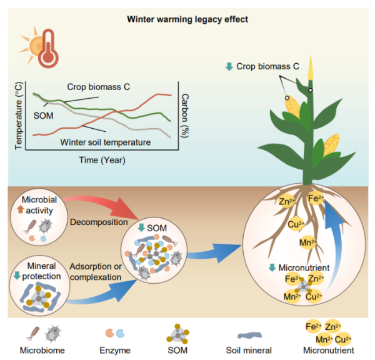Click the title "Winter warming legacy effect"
click(187, 19)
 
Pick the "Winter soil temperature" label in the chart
click(106, 142)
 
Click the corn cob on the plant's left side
click(294, 109)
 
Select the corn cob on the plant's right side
click(331, 146)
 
